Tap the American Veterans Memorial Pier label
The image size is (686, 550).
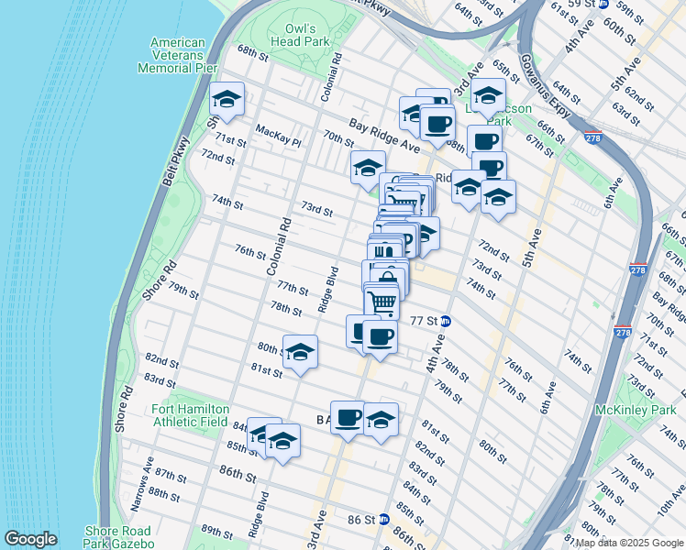coord(177,55)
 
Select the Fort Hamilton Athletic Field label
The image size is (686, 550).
coord(190,414)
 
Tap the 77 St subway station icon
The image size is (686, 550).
coord(446,321)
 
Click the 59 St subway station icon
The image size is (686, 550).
coord(603,5)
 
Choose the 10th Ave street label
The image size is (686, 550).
coord(670,518)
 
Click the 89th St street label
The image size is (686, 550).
coord(217,531)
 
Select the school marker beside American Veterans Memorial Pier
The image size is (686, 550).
coord(227,99)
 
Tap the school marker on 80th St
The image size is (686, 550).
coord(300,352)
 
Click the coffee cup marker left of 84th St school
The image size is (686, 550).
coord(348,418)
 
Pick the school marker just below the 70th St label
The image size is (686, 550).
coord(368,168)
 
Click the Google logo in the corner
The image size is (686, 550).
coord(30,539)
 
